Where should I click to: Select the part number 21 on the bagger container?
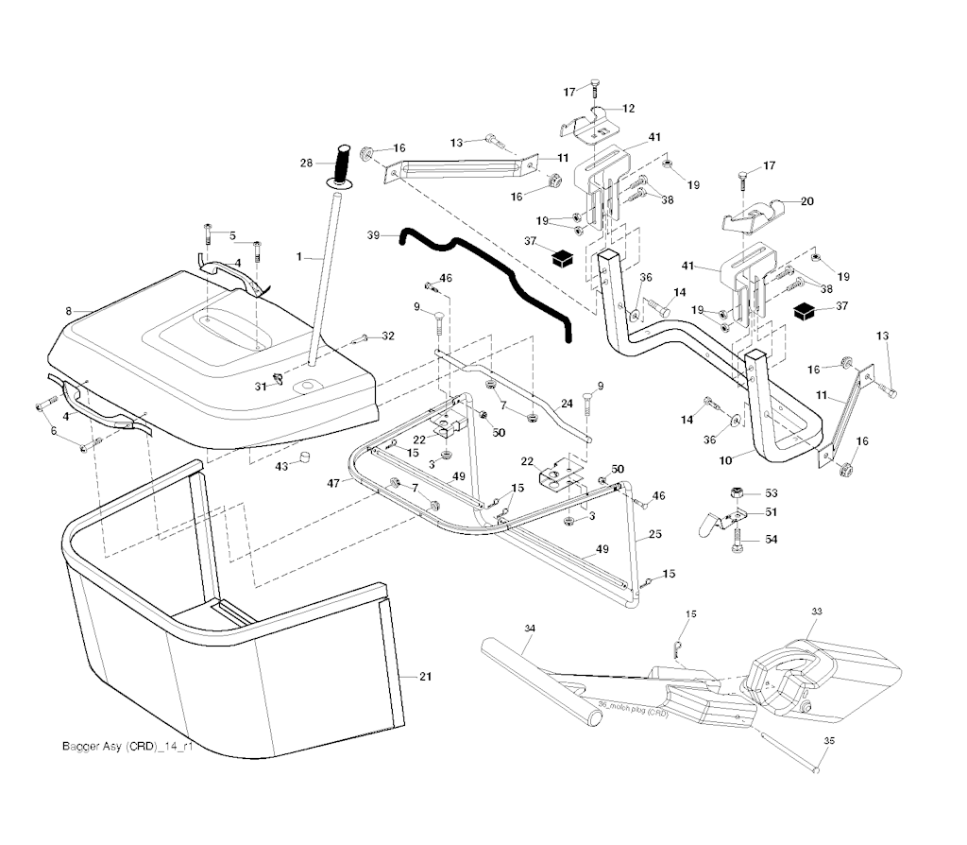(425, 676)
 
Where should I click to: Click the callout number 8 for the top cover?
(68, 309)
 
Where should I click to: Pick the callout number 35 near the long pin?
(829, 740)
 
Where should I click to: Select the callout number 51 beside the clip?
(772, 511)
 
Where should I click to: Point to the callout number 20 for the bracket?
(807, 200)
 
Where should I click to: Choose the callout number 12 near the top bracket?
(628, 109)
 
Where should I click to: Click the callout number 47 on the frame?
(333, 482)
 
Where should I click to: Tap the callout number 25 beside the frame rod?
(654, 534)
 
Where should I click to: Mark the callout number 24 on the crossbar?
(567, 404)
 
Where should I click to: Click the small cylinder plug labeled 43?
(307, 458)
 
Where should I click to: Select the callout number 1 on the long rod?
(299, 255)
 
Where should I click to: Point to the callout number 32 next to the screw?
(388, 336)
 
